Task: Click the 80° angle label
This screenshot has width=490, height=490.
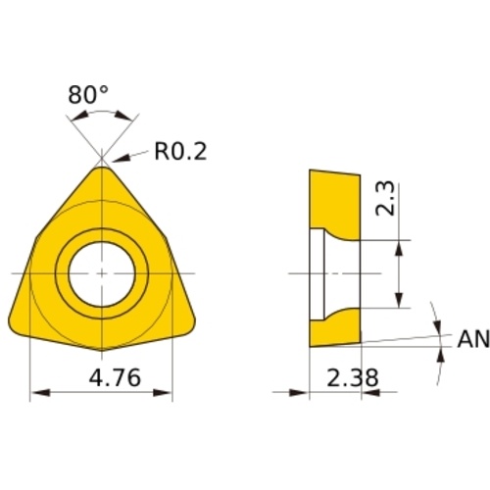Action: coord(88,95)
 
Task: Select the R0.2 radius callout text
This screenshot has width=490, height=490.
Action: coord(180,152)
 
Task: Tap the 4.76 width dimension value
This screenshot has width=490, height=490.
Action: coord(115,377)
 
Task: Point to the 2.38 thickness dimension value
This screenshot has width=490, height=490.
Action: coord(353,377)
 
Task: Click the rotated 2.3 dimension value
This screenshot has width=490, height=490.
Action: coord(385,199)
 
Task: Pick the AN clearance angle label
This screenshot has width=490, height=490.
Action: coord(473,339)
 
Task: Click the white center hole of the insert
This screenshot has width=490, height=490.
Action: coord(102,273)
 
